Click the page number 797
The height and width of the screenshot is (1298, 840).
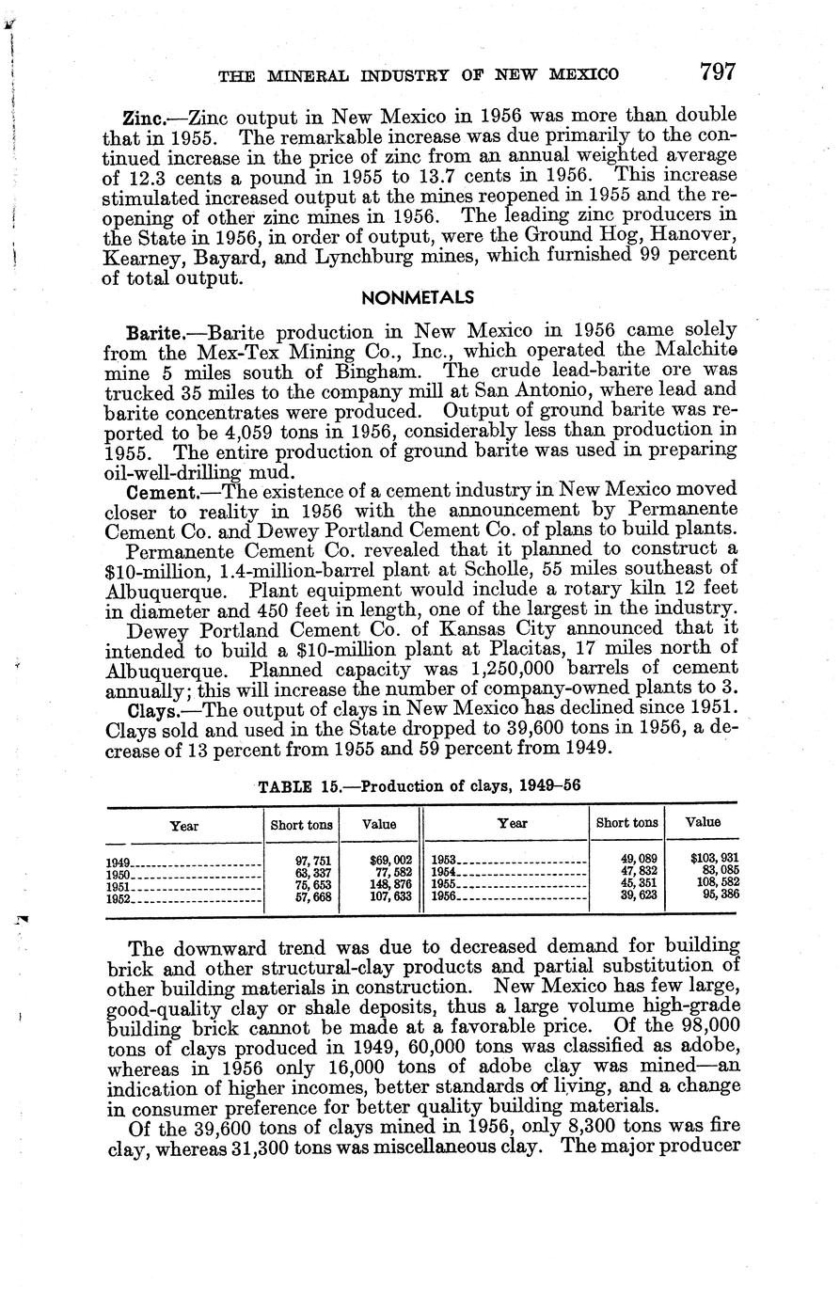[716, 71]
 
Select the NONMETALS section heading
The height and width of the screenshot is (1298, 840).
[417, 297]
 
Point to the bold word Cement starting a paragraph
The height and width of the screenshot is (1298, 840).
[156, 490]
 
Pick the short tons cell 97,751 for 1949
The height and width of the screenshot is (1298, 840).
[313, 860]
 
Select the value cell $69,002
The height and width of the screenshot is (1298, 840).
[390, 860]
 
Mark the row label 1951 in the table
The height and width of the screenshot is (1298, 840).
[118, 886]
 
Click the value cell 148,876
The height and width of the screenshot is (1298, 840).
[390, 885]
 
